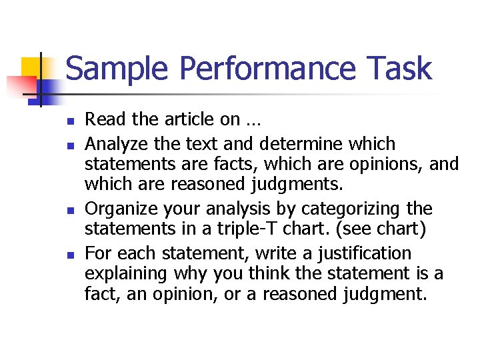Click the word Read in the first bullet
pyautogui.click(x=101, y=119)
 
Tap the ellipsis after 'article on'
pyautogui.click(x=253, y=120)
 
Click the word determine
pyautogui.click(x=288, y=144)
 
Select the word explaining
pyautogui.click(x=127, y=273)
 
